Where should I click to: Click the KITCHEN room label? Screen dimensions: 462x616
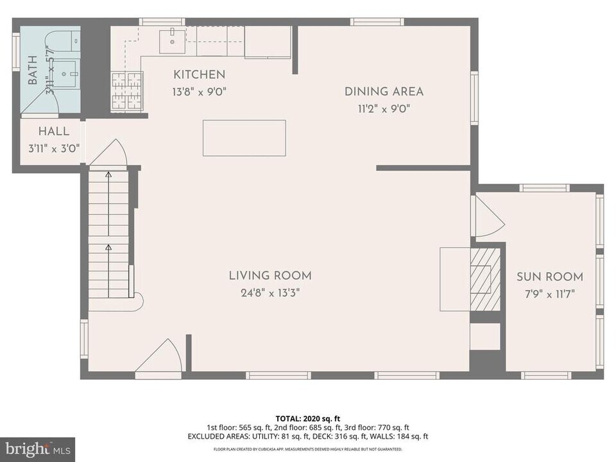[x=198, y=74]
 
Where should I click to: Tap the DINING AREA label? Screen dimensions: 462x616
[x=384, y=91]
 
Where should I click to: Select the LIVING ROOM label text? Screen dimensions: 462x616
[x=270, y=276]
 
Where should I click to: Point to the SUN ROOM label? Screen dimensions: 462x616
[x=550, y=277]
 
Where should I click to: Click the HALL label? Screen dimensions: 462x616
[x=53, y=132]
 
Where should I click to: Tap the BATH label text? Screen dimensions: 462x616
[x=33, y=70]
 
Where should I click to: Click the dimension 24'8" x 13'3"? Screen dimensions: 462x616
[x=270, y=293]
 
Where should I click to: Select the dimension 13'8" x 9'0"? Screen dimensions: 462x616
[x=198, y=92]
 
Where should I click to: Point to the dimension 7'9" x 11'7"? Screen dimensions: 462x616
[x=550, y=295]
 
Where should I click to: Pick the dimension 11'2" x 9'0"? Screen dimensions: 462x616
[x=384, y=108]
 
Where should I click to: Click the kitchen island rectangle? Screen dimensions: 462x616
[x=244, y=138]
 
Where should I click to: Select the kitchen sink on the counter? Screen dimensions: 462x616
[x=172, y=40]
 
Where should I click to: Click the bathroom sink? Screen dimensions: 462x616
[x=65, y=74]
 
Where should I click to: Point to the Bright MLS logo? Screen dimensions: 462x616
[x=37, y=448]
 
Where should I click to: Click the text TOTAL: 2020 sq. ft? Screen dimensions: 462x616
[x=307, y=418]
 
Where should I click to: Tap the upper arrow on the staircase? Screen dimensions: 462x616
[x=108, y=174]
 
